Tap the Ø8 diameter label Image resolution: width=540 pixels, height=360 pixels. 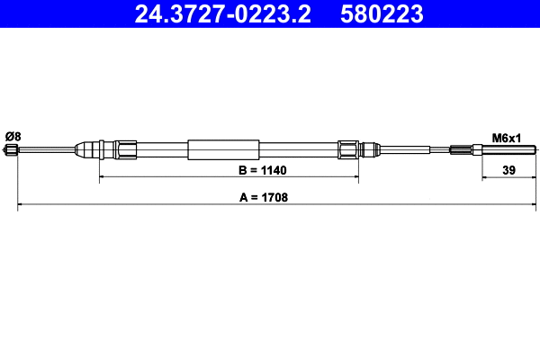click(13, 136)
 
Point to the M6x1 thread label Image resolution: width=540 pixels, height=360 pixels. click(507, 138)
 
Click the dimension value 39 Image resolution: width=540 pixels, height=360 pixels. click(509, 169)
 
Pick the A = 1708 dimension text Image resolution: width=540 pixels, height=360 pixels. click(263, 197)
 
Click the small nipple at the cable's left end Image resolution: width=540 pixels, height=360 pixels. click(12, 150)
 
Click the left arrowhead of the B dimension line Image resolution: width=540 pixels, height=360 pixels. click(102, 178)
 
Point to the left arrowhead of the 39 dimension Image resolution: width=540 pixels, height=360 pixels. click(484, 178)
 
